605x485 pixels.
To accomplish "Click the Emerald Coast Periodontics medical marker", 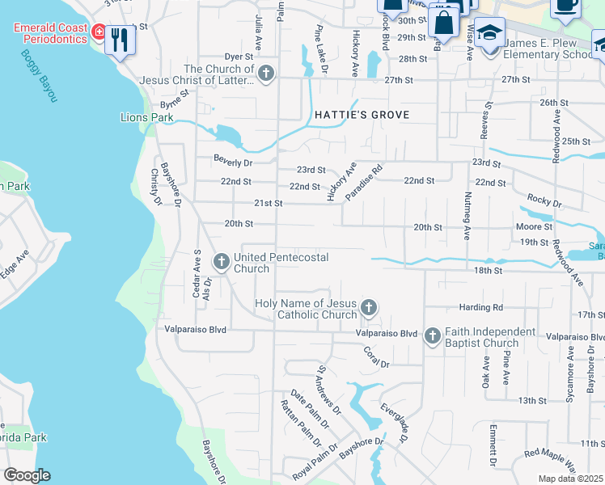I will click(99, 32).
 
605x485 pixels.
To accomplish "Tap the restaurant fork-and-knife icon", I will click(121, 38).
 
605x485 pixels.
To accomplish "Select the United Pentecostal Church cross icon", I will click(221, 261).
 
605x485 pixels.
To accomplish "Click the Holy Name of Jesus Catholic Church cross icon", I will click(369, 307).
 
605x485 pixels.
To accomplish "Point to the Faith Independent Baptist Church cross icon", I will click(432, 335).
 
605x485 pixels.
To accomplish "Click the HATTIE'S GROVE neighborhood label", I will click(362, 115).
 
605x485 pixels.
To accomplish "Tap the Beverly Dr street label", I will click(233, 162).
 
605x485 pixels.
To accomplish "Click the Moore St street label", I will click(535, 228).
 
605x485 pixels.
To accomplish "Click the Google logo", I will click(27, 475).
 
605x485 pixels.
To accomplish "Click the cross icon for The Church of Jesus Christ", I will click(266, 75).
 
